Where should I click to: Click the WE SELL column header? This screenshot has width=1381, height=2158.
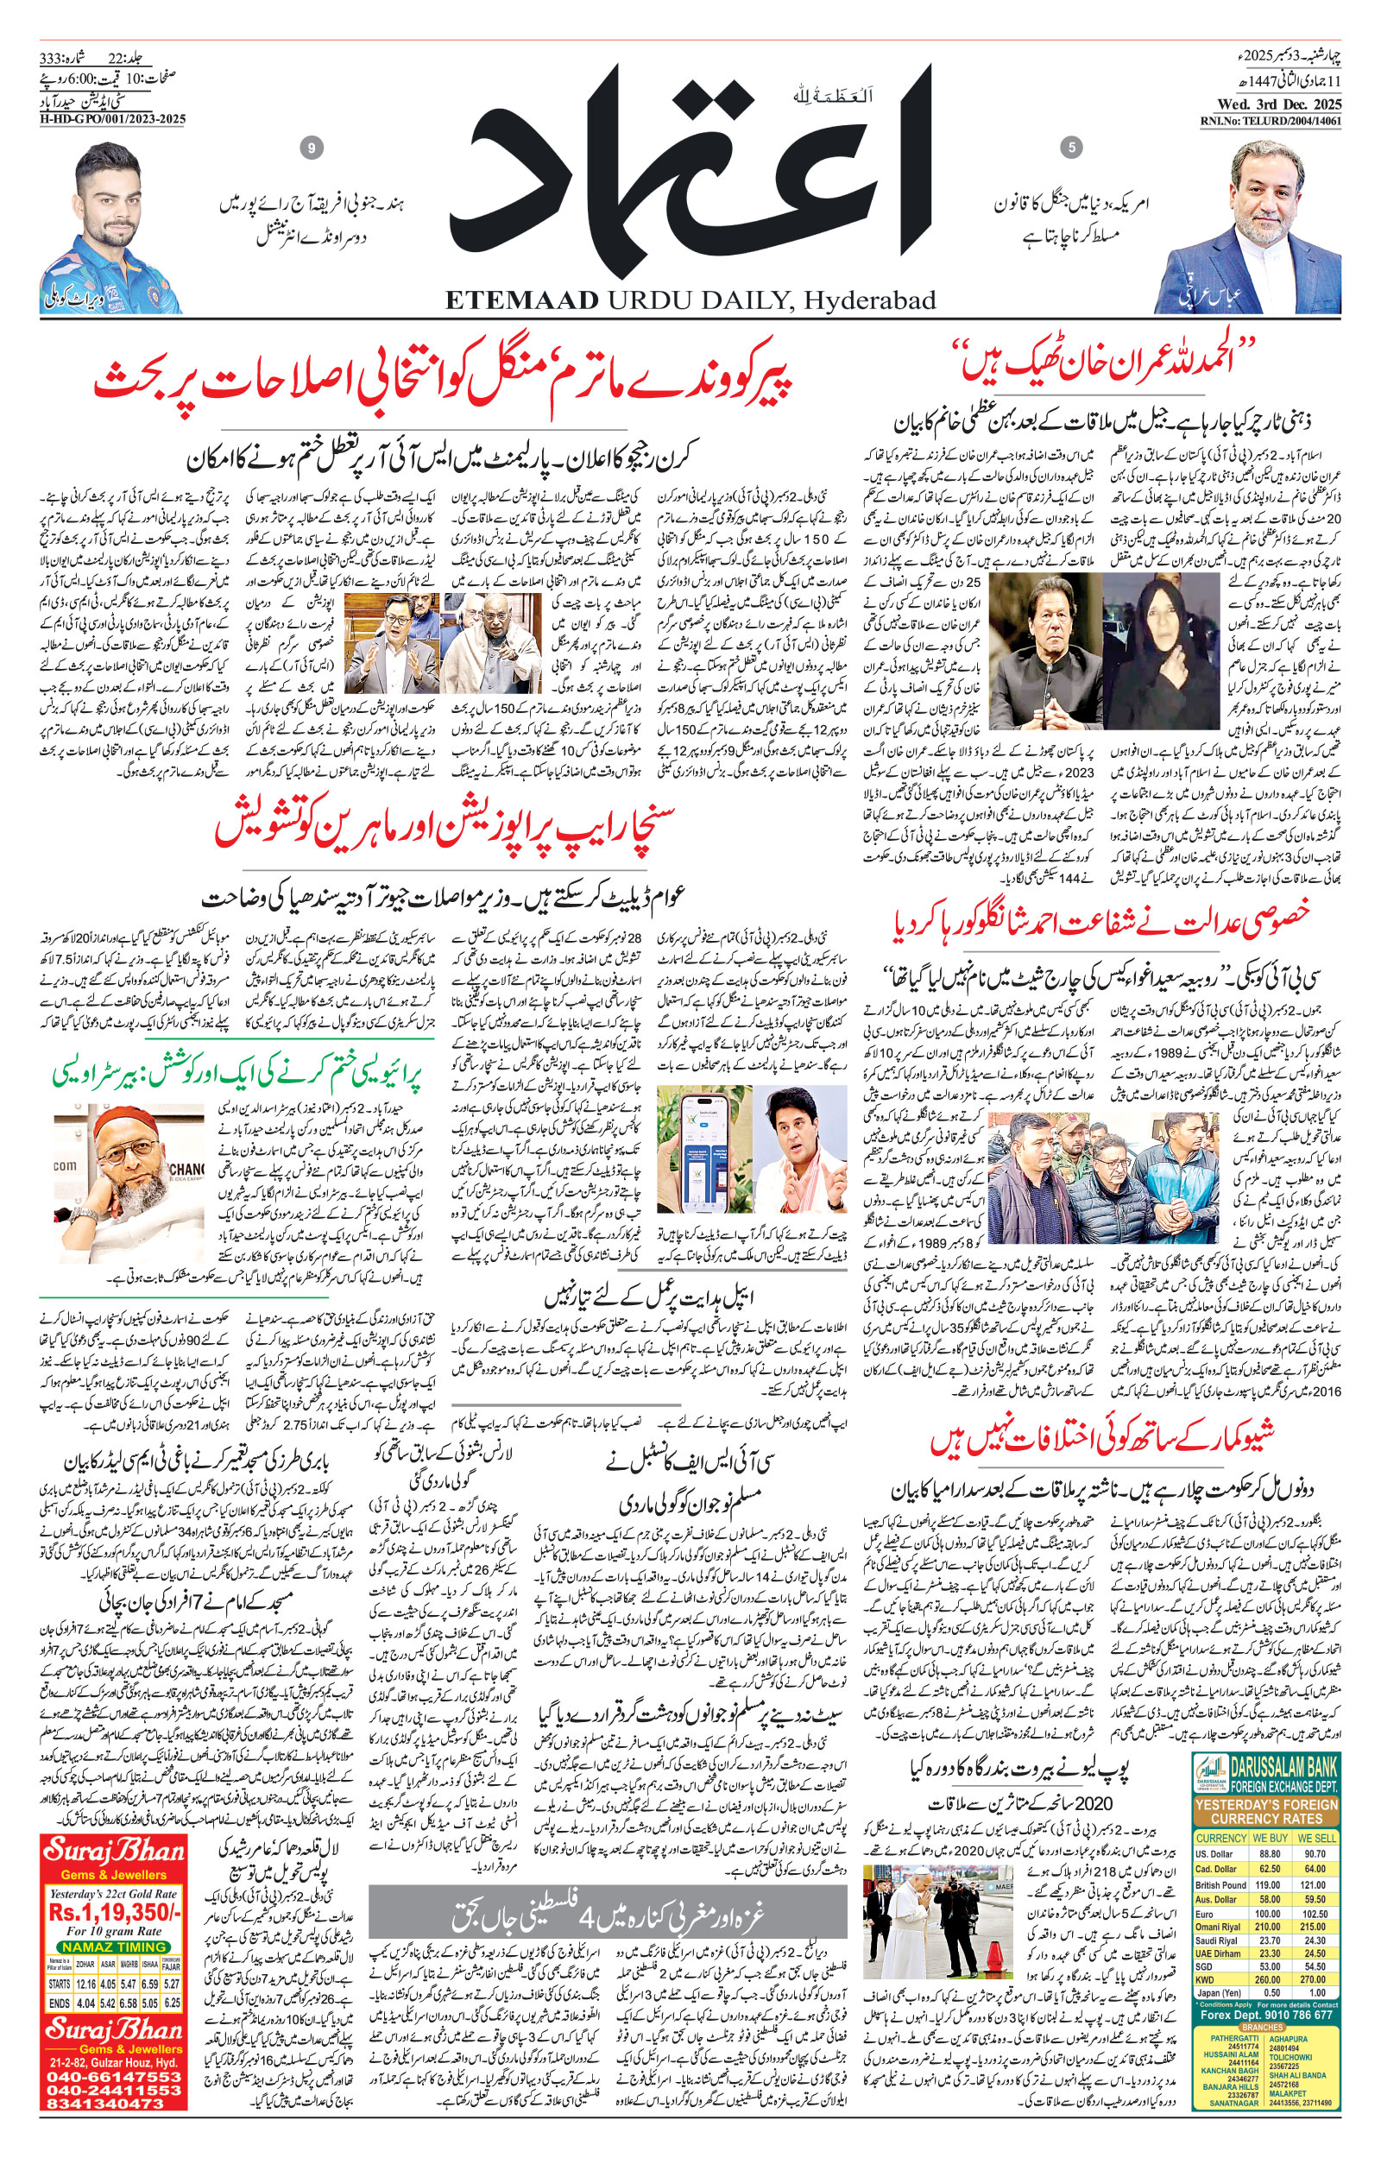coord(1316,1837)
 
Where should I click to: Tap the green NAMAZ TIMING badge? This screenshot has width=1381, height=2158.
coord(114,1947)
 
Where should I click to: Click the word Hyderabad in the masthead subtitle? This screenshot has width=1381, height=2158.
coord(869,300)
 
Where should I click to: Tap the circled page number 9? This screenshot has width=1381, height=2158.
coord(312,148)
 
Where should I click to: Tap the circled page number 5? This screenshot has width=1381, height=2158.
coord(1071,147)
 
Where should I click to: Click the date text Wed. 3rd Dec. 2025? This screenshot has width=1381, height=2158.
coord(1271,106)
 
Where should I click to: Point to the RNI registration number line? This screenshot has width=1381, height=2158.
coord(1271,121)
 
